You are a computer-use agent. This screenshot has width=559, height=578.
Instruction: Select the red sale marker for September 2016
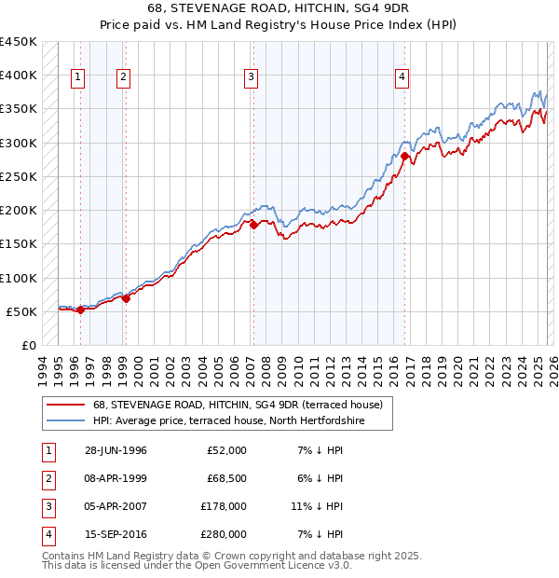coord(404,157)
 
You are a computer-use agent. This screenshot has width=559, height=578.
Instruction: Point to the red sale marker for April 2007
coord(252,225)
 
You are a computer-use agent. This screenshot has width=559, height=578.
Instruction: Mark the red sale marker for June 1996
coord(80,310)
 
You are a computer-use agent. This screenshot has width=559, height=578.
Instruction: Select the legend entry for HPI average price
coord(228,421)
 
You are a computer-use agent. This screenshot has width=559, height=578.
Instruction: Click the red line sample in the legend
coord(65,405)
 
